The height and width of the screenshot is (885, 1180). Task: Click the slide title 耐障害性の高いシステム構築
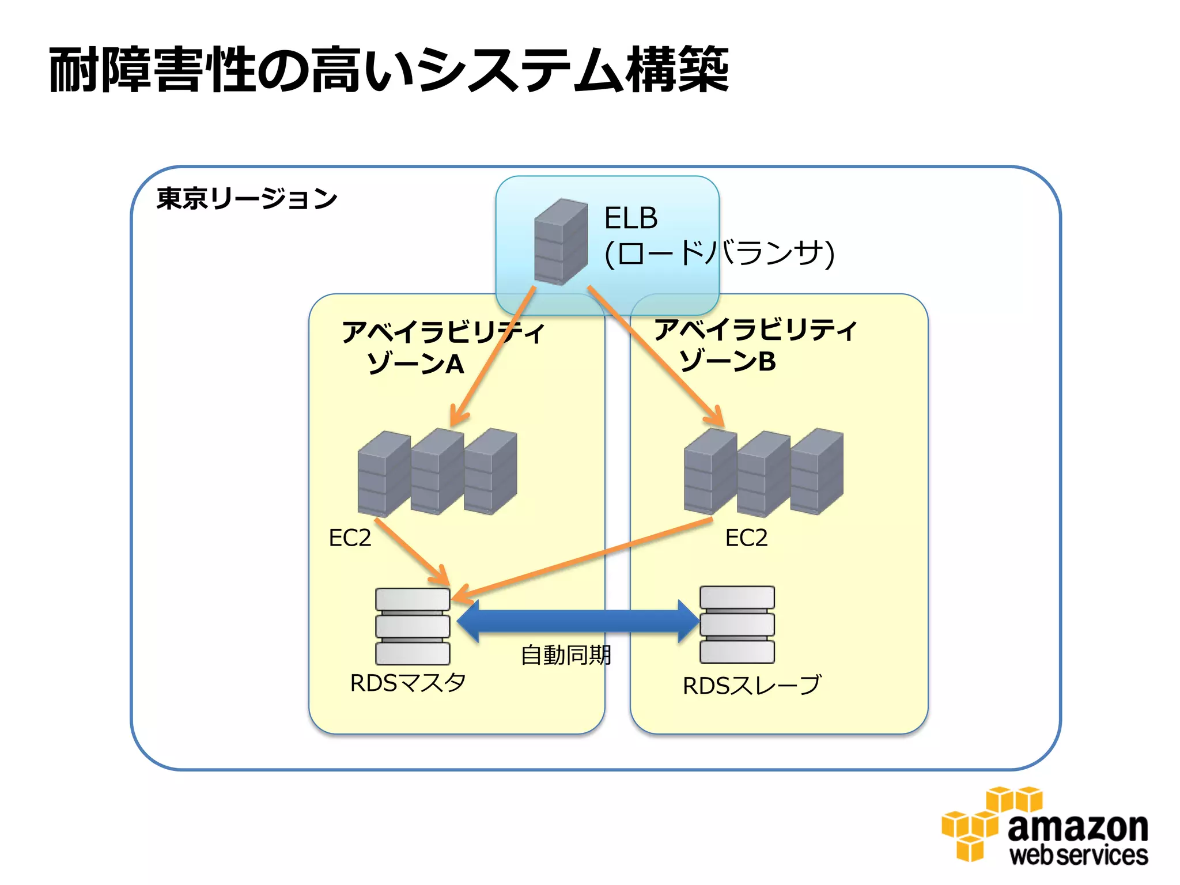[389, 70]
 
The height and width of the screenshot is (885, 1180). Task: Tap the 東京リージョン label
[247, 199]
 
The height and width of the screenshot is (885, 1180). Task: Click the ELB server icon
[561, 242]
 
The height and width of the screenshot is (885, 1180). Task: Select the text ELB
[630, 218]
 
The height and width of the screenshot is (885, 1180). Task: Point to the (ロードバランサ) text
[718, 253]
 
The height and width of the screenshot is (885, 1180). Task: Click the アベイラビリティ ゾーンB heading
[754, 345]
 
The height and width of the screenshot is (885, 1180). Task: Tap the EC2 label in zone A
[350, 538]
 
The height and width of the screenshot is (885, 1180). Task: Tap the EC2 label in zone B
[746, 538]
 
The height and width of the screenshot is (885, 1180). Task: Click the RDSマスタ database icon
[413, 626]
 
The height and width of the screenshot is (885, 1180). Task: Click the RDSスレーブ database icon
[737, 625]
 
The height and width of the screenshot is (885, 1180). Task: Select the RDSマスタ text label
[408, 683]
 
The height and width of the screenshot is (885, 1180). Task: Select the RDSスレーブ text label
[751, 686]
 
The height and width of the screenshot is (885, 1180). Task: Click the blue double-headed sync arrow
[576, 621]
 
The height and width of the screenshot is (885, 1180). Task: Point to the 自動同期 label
[565, 655]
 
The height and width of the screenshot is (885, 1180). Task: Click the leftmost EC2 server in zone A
[383, 474]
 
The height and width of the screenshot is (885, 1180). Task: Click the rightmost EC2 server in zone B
[816, 471]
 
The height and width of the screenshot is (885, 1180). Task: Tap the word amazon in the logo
[1077, 827]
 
